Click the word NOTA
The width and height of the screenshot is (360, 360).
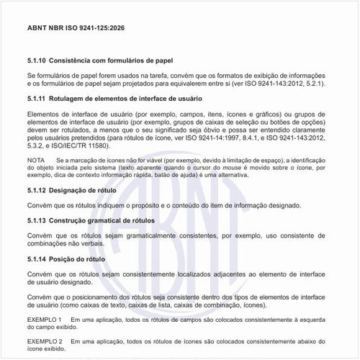click(35, 159)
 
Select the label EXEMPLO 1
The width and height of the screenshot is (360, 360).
click(45, 318)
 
